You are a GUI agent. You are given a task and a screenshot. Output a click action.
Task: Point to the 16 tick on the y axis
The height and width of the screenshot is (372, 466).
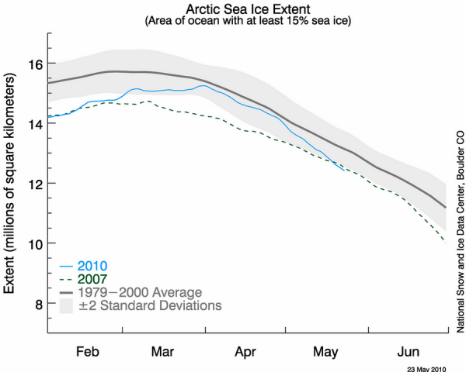point(34,63)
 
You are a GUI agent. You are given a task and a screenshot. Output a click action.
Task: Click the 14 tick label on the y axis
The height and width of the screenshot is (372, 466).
point(34,123)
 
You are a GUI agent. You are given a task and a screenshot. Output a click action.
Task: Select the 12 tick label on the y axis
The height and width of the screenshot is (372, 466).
point(34,184)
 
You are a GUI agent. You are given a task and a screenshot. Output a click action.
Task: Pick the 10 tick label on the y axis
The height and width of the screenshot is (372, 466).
point(34,244)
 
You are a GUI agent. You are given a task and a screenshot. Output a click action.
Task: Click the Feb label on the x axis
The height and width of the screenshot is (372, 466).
point(88,350)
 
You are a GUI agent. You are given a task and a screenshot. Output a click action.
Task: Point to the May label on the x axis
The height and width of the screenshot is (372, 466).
point(326,350)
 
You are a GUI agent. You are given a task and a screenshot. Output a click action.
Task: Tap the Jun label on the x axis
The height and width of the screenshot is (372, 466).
point(409,350)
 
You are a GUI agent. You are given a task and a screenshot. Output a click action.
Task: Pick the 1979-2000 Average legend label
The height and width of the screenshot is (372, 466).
point(139,292)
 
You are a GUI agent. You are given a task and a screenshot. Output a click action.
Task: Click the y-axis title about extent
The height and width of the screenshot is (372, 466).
point(12,184)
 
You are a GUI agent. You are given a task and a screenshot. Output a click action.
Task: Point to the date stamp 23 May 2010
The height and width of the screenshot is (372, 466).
point(428,366)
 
